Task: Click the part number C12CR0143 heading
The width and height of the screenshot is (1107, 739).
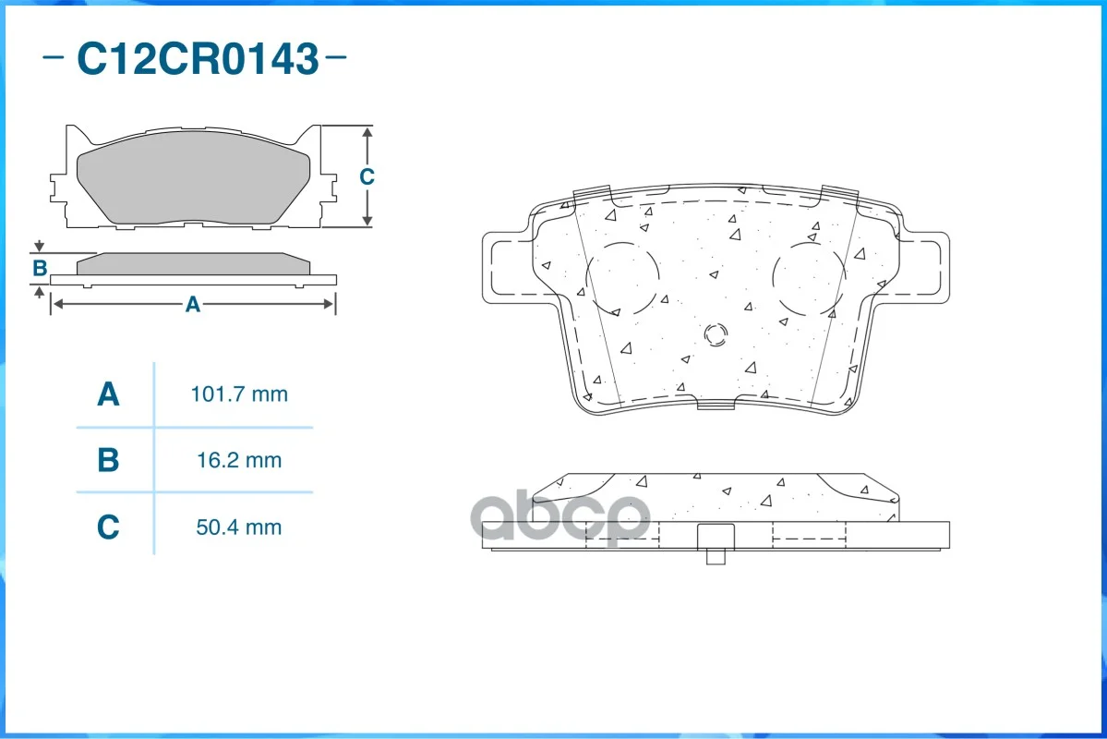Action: coord(198,58)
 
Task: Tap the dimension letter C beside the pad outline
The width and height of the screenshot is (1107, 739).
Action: coord(367,176)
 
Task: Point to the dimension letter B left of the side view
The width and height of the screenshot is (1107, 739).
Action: coord(40,268)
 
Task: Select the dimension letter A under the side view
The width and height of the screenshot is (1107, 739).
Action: coord(193,305)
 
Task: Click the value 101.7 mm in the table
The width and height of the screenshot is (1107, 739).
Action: coord(239,394)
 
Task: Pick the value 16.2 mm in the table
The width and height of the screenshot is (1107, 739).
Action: coord(239,461)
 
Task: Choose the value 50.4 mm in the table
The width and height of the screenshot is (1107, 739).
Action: coord(239,527)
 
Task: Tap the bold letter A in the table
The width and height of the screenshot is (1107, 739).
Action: coord(108,394)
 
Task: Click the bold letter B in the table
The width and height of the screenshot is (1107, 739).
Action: coord(108,460)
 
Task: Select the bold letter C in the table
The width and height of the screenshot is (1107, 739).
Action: coord(108,527)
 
